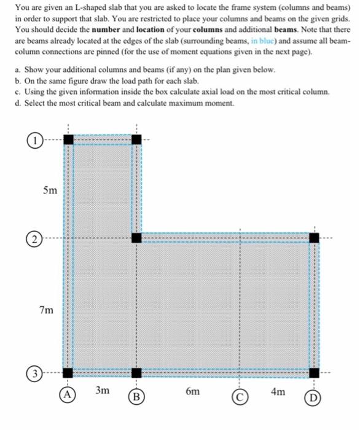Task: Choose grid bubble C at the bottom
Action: (240, 397)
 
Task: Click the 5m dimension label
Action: (50, 191)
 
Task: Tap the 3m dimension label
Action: (103, 391)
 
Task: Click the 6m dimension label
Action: (192, 391)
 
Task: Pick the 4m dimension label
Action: (278, 391)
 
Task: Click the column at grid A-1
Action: (68, 139)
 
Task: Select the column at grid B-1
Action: (136, 139)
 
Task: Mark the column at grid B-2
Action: (136, 237)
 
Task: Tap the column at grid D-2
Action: (314, 237)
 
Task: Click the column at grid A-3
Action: (68, 372)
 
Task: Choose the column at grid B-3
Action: (136, 372)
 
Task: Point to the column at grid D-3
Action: (314, 372)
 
